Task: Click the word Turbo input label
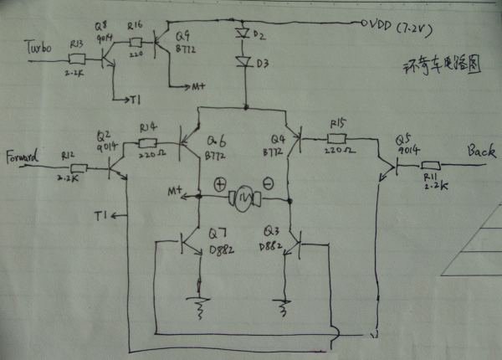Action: click(35, 49)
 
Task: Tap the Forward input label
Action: click(24, 156)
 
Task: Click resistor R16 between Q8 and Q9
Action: click(136, 39)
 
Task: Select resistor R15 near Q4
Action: click(336, 138)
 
